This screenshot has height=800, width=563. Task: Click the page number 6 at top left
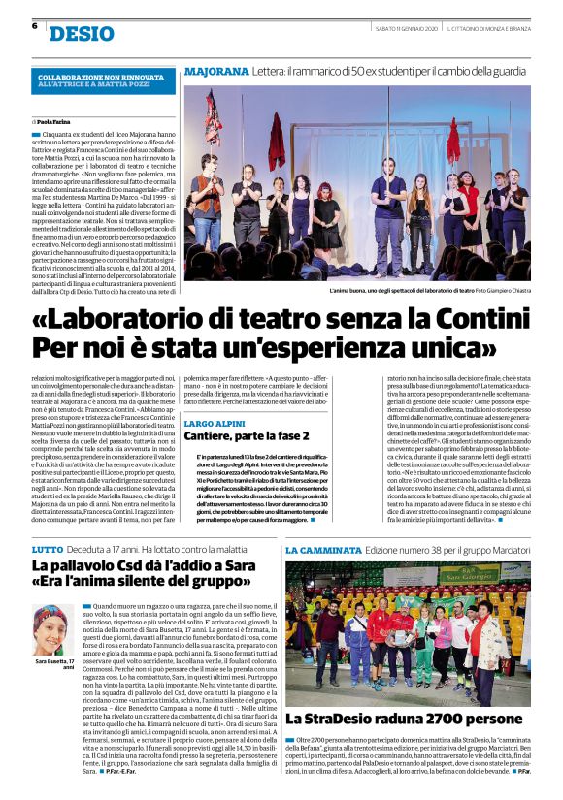[34, 26]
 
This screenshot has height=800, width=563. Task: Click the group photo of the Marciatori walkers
[407, 634]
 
